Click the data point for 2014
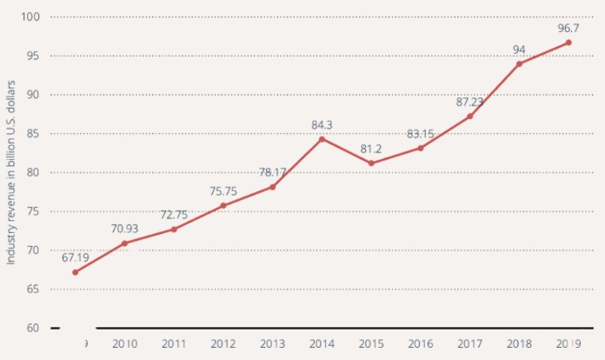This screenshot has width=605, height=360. click(322, 139)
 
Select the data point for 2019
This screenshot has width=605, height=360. click(568, 43)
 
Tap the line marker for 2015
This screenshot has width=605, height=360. click(371, 163)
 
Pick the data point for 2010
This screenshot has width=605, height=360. click(124, 243)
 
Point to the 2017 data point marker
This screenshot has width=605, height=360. click(469, 117)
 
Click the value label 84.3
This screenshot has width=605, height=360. click(322, 124)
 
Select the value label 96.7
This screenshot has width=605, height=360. click(568, 27)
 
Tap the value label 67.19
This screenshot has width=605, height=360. click(76, 257)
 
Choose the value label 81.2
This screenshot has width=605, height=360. click(371, 148)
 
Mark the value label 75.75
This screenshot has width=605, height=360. click(223, 190)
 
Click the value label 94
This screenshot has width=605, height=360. click(519, 49)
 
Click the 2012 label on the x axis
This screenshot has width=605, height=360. click(223, 344)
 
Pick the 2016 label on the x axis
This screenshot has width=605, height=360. click(421, 344)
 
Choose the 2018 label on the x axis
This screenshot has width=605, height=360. click(519, 344)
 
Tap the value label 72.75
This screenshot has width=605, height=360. click(174, 214)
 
